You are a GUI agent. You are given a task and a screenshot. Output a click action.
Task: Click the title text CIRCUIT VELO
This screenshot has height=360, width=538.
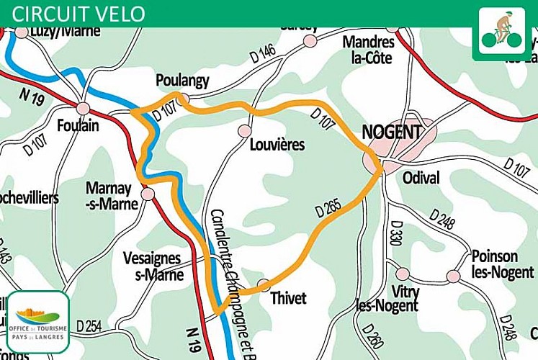(x=79, y=14)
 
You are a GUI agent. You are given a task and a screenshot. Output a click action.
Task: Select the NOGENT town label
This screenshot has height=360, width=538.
(x=391, y=132)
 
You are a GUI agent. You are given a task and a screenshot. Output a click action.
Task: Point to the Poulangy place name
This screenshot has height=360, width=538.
(x=182, y=80)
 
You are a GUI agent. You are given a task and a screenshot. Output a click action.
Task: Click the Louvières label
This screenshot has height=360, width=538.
(x=277, y=145)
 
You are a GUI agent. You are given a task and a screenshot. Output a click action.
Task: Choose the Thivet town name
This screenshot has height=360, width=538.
(x=288, y=298)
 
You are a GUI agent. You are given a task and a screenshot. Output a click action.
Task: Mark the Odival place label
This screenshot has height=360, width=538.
(x=422, y=177)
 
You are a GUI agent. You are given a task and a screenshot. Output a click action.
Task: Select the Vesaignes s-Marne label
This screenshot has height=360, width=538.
(x=153, y=265)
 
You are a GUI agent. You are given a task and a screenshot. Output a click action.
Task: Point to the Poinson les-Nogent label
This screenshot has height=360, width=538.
(x=494, y=264)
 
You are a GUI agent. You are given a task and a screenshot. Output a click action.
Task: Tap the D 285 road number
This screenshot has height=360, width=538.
(x=328, y=208)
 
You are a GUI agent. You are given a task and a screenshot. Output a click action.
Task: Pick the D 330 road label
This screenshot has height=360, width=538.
(x=395, y=234)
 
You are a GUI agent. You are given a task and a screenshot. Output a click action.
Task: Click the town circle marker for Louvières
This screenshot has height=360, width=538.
(x=245, y=130)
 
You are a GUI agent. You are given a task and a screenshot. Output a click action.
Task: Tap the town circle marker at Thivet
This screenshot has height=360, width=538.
(x=264, y=284)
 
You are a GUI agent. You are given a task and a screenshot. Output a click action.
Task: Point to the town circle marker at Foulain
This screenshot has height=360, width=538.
(x=84, y=108)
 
